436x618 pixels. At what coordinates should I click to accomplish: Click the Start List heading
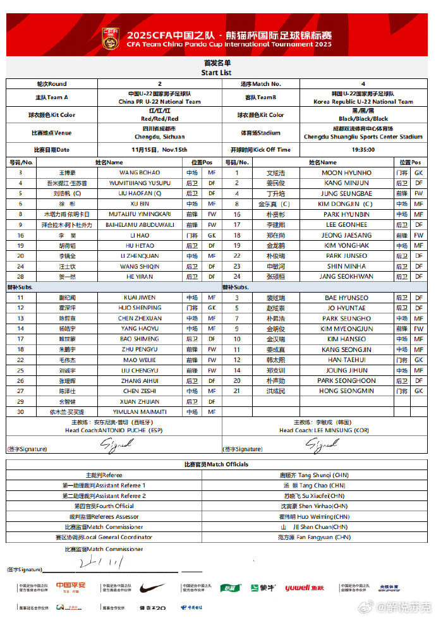(x=217, y=73)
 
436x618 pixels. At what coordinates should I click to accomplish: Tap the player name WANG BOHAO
(x=140, y=173)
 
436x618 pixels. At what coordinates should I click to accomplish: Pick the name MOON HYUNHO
(x=346, y=173)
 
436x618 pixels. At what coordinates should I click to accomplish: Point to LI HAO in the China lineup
(x=140, y=235)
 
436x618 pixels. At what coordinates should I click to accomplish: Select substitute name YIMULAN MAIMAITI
(x=140, y=412)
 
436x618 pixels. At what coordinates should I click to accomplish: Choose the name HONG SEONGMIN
(x=346, y=391)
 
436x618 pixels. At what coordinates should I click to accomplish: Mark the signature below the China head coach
(x=118, y=445)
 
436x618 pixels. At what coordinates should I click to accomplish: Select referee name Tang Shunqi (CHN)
(x=315, y=475)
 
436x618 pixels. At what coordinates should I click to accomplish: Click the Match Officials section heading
(x=217, y=464)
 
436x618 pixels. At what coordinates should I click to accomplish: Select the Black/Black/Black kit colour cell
(x=363, y=119)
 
